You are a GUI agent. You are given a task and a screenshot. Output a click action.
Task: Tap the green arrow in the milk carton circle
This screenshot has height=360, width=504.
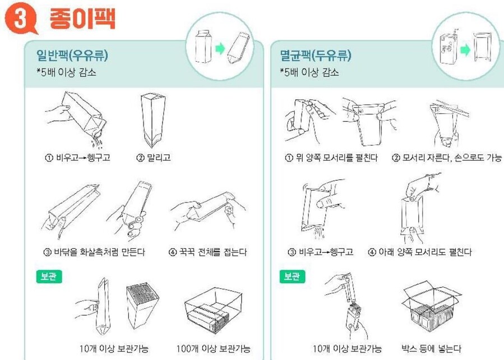coord(220,49)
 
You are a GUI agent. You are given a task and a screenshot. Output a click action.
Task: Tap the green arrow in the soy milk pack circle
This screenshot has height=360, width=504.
coord(465,49)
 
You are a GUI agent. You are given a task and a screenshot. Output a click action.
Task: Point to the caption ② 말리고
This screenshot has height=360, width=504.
coord(154,158)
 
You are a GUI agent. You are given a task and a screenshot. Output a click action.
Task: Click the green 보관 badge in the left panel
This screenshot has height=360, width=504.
coord(49,277)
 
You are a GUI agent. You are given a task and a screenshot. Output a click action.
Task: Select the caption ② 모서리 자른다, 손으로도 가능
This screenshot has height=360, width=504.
coord(447,158)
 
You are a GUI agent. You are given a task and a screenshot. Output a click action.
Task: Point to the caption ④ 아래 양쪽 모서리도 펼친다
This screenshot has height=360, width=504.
coord(419,252)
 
